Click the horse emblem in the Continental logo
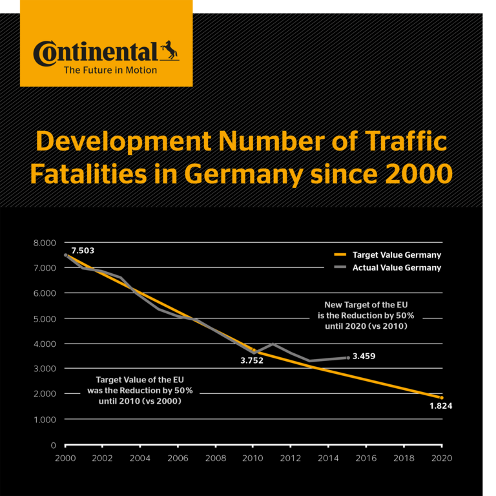point(170,52)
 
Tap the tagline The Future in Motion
point(110,70)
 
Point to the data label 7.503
point(83,250)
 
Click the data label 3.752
point(253,361)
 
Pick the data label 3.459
point(364,356)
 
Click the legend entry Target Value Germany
point(397,255)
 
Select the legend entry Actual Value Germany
point(397,267)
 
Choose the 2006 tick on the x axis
point(178,458)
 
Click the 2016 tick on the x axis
point(366,458)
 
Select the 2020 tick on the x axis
point(442,458)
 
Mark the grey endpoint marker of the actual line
point(348,357)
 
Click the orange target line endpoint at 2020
point(442,398)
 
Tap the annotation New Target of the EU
point(367,304)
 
